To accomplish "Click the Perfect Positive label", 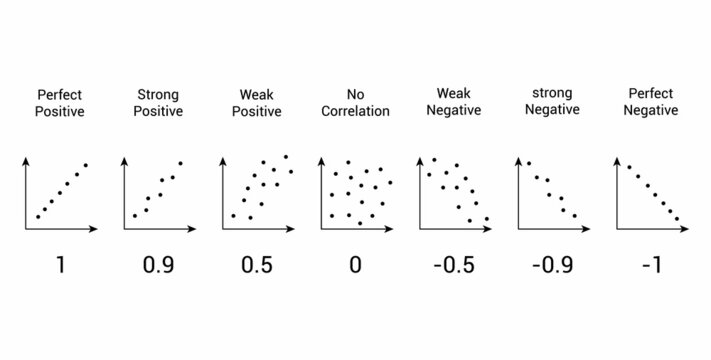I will point(60,103).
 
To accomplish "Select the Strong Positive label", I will point(158,103).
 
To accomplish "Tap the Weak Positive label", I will point(256,103).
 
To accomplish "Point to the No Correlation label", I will point(355,103).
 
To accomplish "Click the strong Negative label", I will point(551,102).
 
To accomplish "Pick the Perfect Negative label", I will point(651,102).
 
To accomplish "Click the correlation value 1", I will point(60,266).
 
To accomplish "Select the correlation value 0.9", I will point(158,266).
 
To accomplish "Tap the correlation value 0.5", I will point(256,266).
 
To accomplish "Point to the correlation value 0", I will point(355,266).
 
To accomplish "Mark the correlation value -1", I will point(650,266).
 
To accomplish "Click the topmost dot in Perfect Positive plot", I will point(86,164).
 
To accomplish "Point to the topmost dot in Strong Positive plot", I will point(181,163).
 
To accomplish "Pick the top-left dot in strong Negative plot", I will point(528,164).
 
